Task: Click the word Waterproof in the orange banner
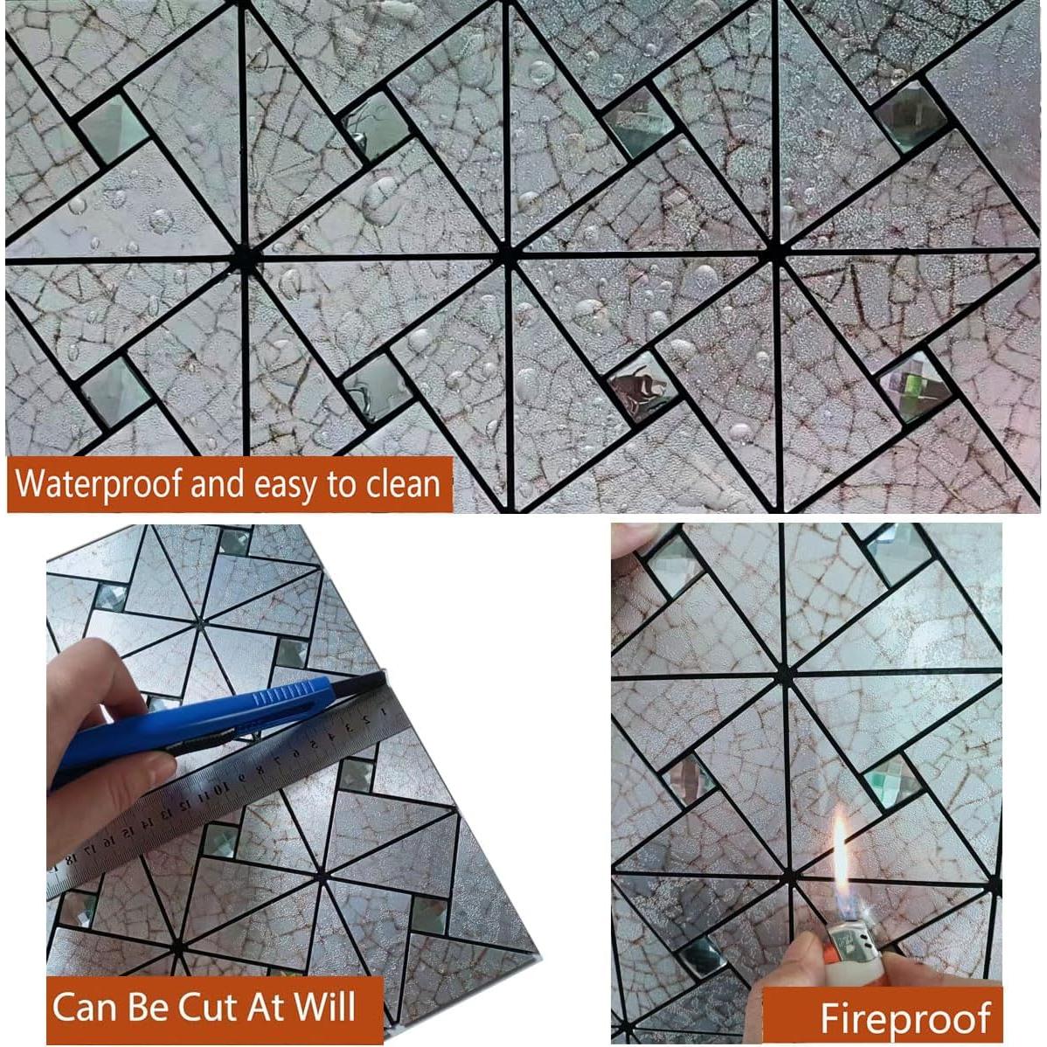[x=99, y=483]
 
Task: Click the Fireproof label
[x=905, y=1018]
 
